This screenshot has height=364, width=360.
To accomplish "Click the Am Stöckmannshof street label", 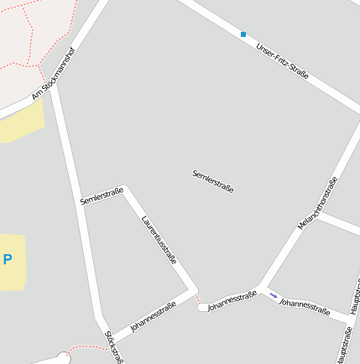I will [x=53, y=74].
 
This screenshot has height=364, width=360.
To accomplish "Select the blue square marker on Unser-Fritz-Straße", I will [x=243, y=34].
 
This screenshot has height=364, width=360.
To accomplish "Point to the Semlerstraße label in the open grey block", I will [x=212, y=180].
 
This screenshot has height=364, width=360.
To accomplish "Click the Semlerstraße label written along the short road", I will [x=102, y=196].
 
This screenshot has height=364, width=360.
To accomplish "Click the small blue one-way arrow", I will [x=273, y=294].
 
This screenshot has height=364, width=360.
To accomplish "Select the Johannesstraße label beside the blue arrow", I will [x=304, y=304].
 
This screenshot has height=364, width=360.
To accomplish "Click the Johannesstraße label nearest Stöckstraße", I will [x=153, y=316].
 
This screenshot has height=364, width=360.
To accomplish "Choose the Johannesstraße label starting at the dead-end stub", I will [x=232, y=301].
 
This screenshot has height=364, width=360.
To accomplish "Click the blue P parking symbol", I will [x=8, y=260].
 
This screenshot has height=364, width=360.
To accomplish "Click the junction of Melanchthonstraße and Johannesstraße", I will [x=262, y=289].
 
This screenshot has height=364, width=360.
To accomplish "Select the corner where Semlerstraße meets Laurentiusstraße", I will [x=125, y=188].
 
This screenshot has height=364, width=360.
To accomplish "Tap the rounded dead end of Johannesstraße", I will [x=202, y=308].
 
